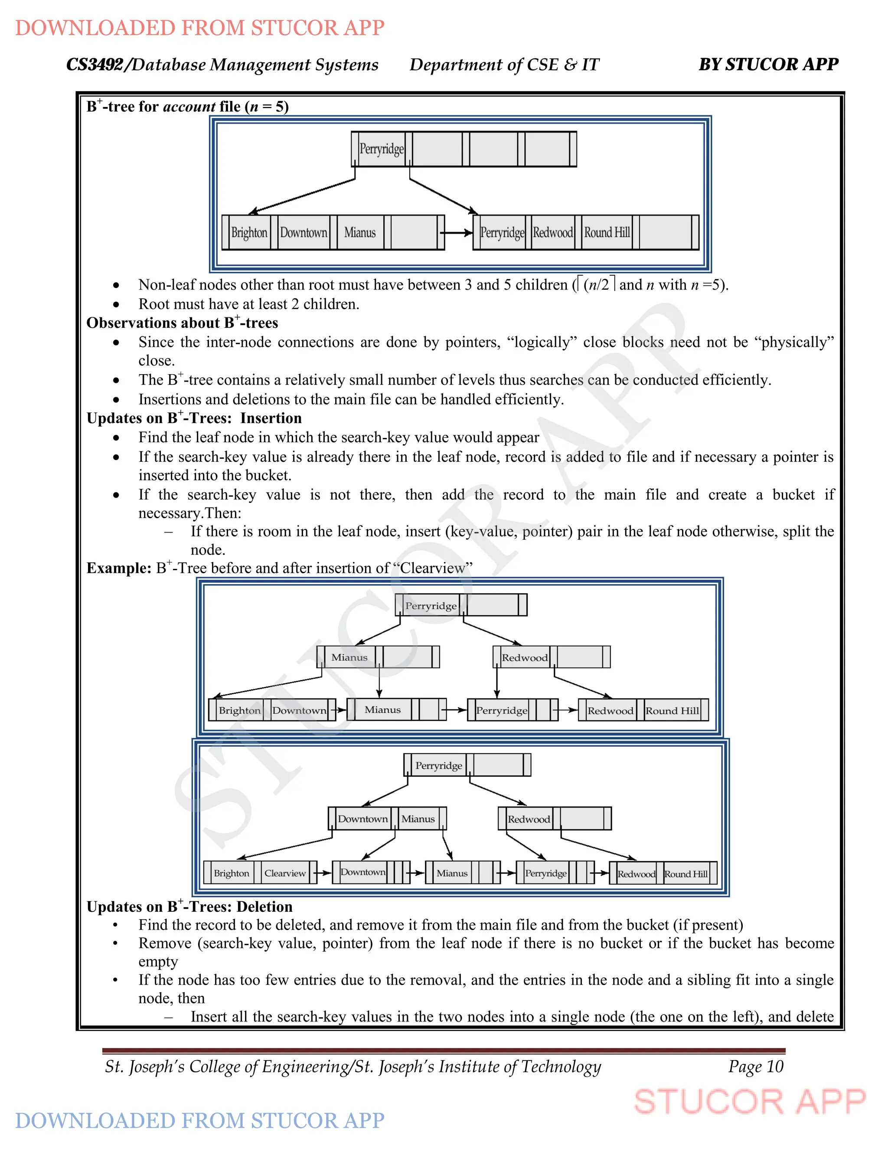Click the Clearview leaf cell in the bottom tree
click(284, 873)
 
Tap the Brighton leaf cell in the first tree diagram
click(249, 232)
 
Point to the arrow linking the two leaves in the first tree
click(457, 232)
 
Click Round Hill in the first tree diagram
click(607, 232)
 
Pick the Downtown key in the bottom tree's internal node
click(362, 819)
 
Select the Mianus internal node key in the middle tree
click(349, 657)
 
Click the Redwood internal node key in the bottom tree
click(529, 819)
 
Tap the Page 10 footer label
click(755, 1067)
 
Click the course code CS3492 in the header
click(95, 65)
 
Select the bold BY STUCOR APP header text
click(768, 64)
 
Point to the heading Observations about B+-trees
click(182, 323)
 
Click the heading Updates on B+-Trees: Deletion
click(189, 907)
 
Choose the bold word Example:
click(119, 568)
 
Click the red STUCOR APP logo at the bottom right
click(750, 1102)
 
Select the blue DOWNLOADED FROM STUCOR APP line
click(200, 1120)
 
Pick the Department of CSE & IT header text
click(504, 65)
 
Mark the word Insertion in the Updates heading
click(271, 418)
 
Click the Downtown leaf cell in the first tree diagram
click(303, 232)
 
